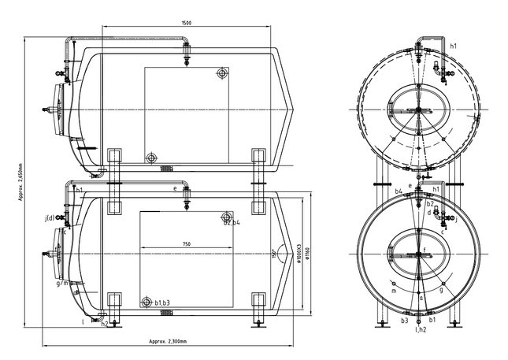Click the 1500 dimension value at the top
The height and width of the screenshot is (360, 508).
click(186, 23)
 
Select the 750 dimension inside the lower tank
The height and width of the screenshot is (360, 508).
click(187, 244)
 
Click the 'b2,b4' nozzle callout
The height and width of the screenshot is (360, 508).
click(232, 224)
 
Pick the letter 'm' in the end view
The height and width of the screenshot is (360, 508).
click(394, 291)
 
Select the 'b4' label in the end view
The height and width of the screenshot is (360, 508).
click(399, 191)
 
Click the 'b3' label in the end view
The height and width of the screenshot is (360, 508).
click(404, 321)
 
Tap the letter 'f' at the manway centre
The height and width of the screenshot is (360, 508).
click(425, 250)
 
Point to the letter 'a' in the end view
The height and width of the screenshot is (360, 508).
click(421, 298)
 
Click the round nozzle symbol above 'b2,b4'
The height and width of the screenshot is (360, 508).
click(228, 216)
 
